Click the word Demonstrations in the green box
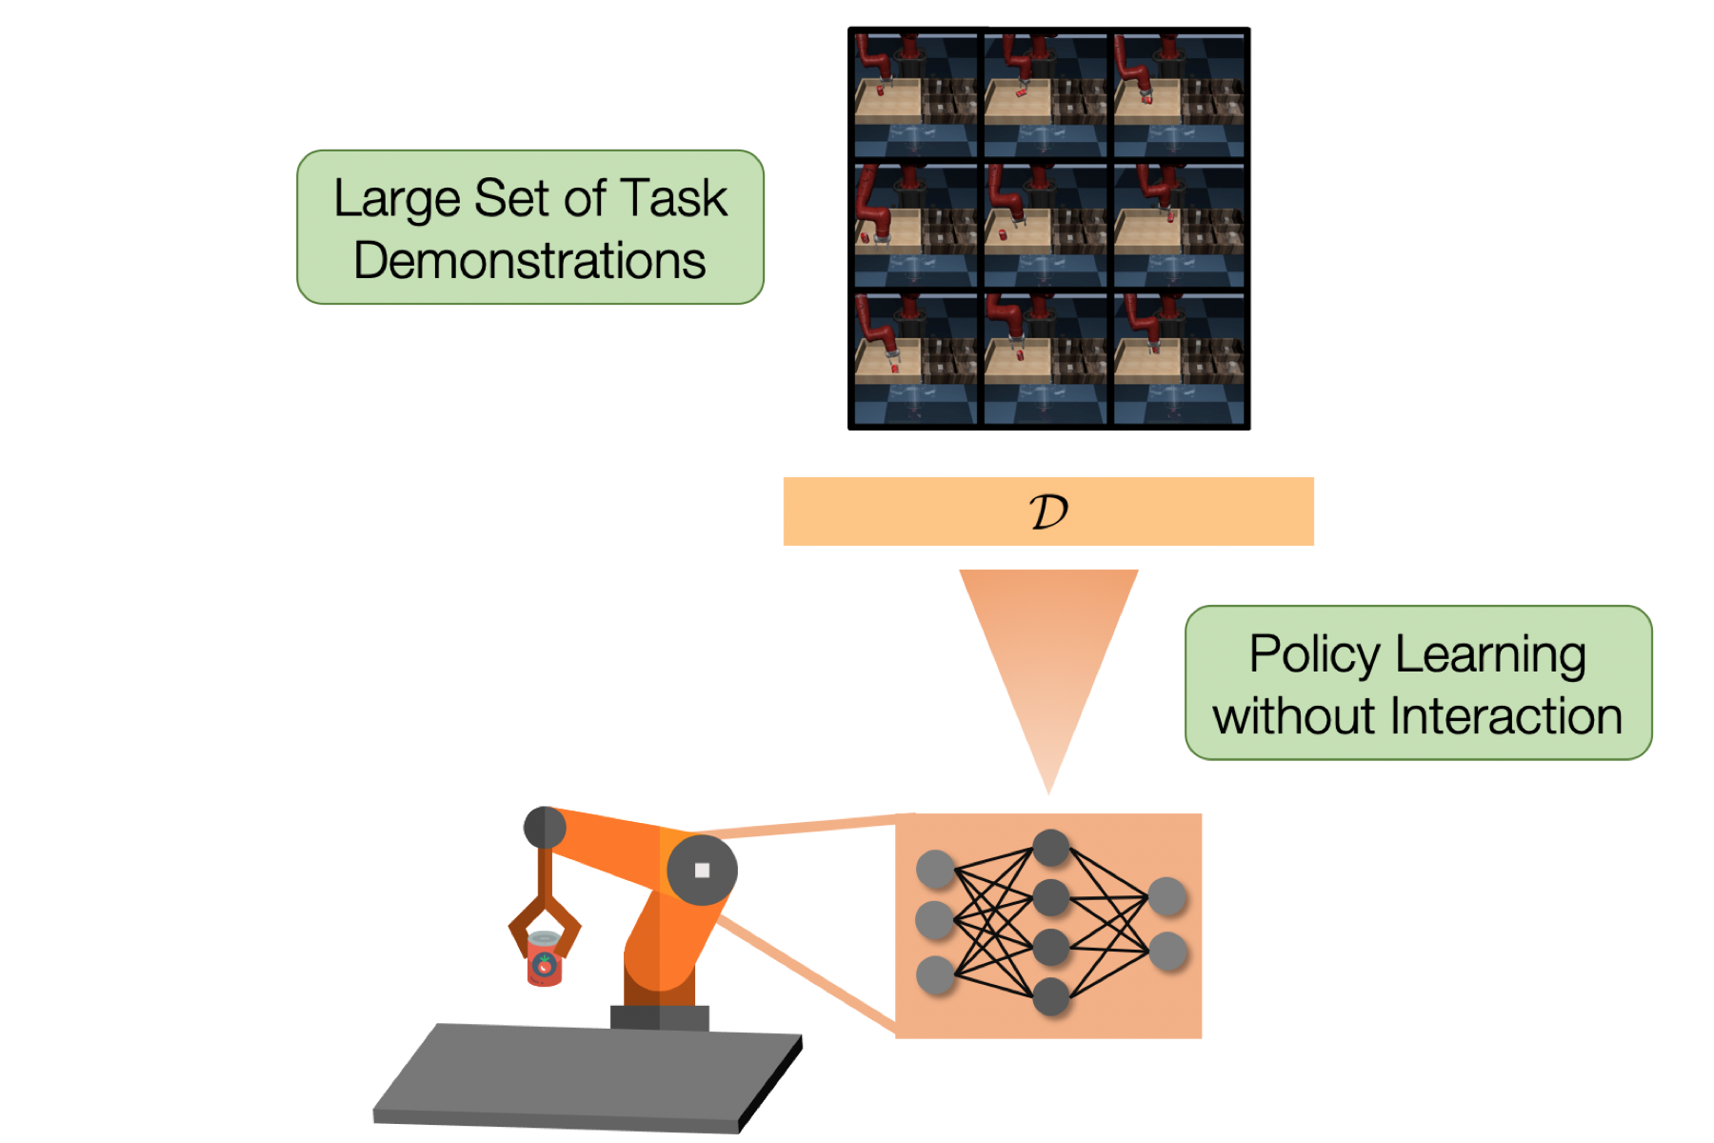click(529, 261)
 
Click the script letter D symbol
click(1048, 512)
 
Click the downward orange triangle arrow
click(1048, 657)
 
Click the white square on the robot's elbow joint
click(702, 870)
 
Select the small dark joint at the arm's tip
click(545, 827)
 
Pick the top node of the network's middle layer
click(1050, 847)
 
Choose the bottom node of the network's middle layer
click(1050, 996)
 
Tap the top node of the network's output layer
click(1167, 896)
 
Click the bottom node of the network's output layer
click(1167, 951)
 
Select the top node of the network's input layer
click(935, 869)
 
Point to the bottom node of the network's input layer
click(935, 975)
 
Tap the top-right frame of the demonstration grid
click(1179, 95)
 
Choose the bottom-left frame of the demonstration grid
click(915, 358)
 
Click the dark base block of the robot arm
click(659, 1017)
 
